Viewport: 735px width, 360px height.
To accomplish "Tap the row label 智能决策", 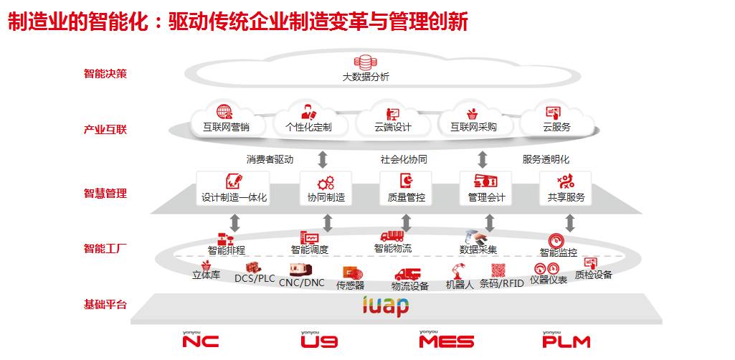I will (x=105, y=73).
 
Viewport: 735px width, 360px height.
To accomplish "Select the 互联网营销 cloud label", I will (x=225, y=128).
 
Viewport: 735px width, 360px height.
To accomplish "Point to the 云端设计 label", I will (x=392, y=128).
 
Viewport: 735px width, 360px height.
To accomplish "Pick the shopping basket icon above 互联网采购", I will (x=473, y=113).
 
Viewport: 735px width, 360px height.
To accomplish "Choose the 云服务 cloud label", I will (x=556, y=128).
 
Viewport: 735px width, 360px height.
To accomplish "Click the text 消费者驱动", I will (x=270, y=159).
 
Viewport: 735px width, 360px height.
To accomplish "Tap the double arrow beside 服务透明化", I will (x=483, y=159).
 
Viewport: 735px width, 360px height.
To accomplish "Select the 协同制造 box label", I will (x=326, y=197).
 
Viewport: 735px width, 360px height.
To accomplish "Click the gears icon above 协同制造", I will (x=326, y=182).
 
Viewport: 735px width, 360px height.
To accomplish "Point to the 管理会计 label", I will (x=486, y=197).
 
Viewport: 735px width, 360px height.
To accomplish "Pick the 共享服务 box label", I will (x=566, y=197).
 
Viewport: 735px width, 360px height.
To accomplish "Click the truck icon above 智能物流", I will (x=392, y=236).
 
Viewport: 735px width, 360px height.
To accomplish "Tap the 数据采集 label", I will (x=478, y=250).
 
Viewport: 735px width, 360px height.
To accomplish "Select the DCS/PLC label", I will (x=255, y=278).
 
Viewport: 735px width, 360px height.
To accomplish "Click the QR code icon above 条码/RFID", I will (x=498, y=270).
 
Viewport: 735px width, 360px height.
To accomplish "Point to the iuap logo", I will (x=386, y=306).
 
